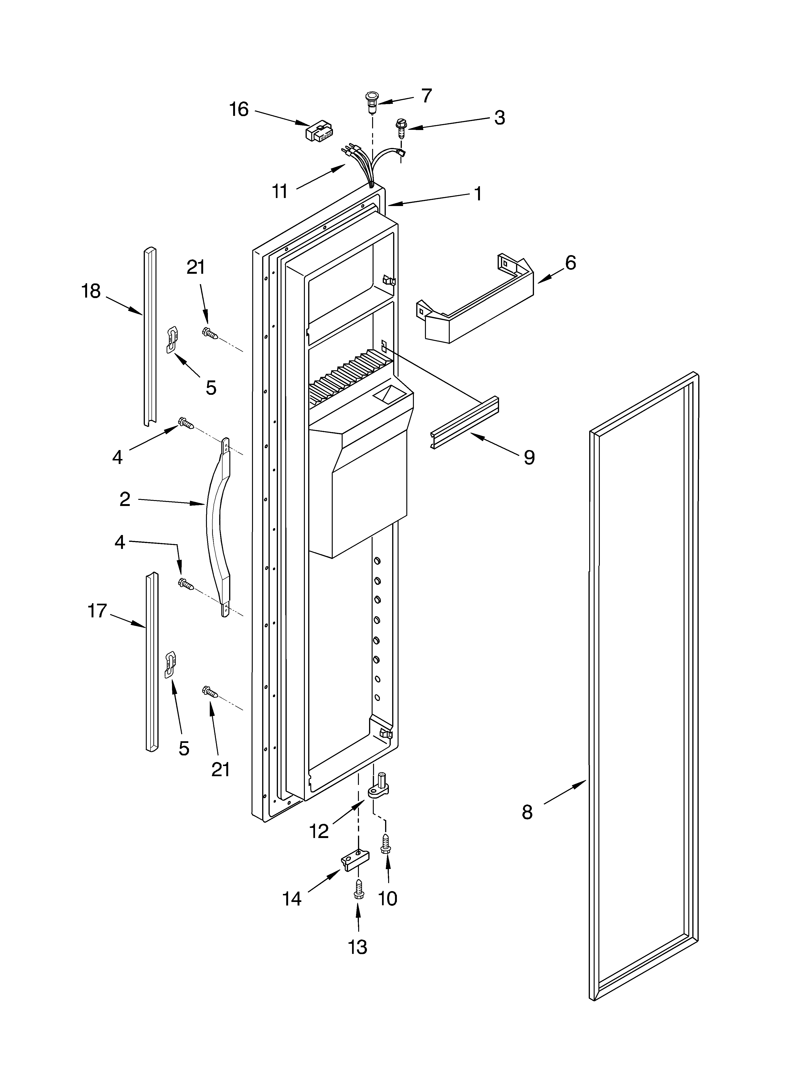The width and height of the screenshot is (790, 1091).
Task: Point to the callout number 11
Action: tap(280, 191)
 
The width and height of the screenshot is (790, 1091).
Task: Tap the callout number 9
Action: tap(529, 457)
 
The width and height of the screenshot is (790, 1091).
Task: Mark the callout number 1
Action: tap(478, 194)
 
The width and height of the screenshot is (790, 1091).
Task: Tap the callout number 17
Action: tap(97, 611)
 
